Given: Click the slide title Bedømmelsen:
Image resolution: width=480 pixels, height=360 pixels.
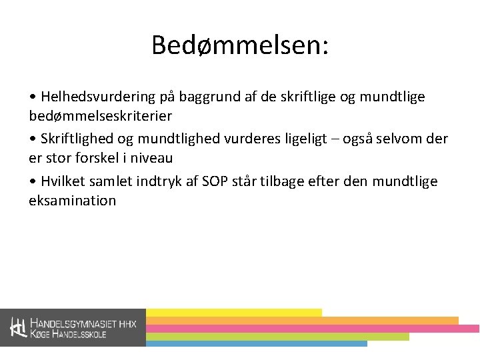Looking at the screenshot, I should click(x=240, y=45).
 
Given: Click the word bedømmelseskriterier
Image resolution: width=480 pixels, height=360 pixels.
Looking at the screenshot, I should click(x=101, y=116).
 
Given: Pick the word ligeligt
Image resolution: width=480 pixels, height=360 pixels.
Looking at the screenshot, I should click(x=323, y=139).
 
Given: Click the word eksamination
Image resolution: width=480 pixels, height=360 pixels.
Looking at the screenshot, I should click(x=72, y=201).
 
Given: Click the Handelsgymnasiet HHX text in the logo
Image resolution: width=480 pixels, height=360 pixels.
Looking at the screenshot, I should click(x=83, y=323).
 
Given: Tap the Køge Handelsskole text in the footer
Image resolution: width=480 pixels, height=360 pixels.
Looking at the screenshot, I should click(x=68, y=334).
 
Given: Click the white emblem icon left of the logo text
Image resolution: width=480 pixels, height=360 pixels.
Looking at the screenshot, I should click(x=18, y=327).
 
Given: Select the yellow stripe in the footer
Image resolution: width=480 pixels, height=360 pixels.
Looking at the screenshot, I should click(x=233, y=312).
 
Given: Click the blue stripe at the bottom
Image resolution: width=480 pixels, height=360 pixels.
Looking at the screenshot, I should click(x=256, y=344).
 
